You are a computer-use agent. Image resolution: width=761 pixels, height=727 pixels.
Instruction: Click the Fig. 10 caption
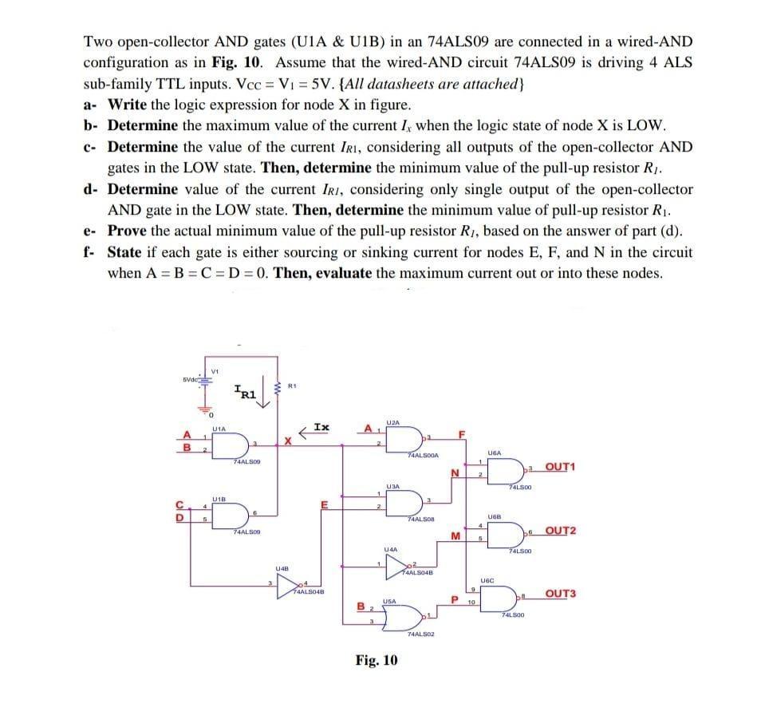(x=377, y=662)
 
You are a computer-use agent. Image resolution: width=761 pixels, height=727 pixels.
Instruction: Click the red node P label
(x=453, y=599)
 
